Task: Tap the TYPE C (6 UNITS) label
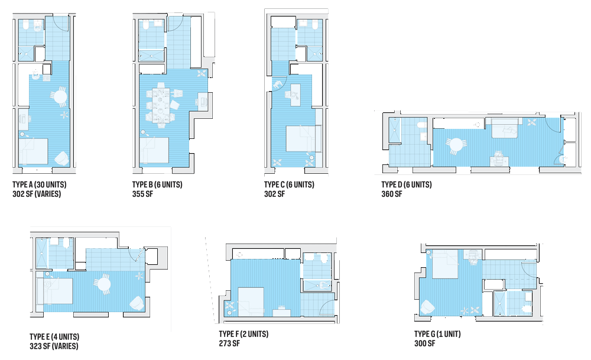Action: pos(289,185)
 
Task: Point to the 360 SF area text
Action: pos(392,194)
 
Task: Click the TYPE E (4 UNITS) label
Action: pos(54,337)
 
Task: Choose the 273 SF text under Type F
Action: pos(229,343)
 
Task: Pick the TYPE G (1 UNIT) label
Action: pos(437,334)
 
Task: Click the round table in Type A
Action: pos(59,96)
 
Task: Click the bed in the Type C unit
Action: pos(303,138)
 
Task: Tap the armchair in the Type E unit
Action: pos(135,303)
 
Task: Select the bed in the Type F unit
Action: pos(251,301)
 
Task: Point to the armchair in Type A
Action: pos(60,158)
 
